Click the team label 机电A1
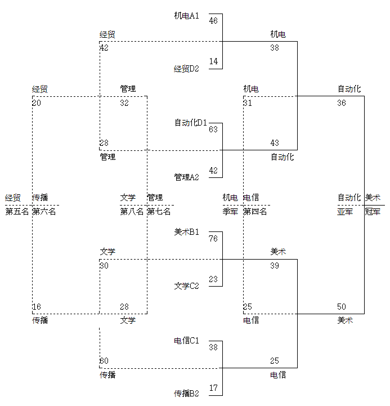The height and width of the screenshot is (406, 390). tap(186, 16)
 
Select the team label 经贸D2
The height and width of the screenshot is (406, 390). tap(186, 69)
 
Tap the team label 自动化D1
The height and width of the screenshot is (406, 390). tap(191, 122)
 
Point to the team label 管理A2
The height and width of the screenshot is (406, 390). tap(186, 177)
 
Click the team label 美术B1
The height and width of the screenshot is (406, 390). tap(186, 231)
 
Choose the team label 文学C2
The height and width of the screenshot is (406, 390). tap(186, 285)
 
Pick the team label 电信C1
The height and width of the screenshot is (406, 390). tap(186, 340)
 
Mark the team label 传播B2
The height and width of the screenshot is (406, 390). tap(186, 393)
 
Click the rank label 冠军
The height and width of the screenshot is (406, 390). tap(373, 212)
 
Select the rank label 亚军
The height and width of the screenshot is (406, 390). tap(345, 212)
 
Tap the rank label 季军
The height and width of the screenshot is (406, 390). tap(230, 212)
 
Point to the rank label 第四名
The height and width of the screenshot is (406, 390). tap(255, 212)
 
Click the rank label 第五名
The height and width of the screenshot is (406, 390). tap(17, 212)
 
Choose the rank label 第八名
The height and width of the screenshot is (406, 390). tap(132, 212)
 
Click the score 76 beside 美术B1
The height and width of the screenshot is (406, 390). tap(213, 238)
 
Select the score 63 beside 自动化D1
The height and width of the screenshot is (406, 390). tap(213, 129)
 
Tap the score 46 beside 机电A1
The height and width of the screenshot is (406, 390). tap(213, 21)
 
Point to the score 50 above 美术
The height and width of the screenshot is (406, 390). tap(342, 306)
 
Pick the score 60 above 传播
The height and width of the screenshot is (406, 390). tap(104, 361)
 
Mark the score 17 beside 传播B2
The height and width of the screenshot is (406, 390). tap(213, 387)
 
